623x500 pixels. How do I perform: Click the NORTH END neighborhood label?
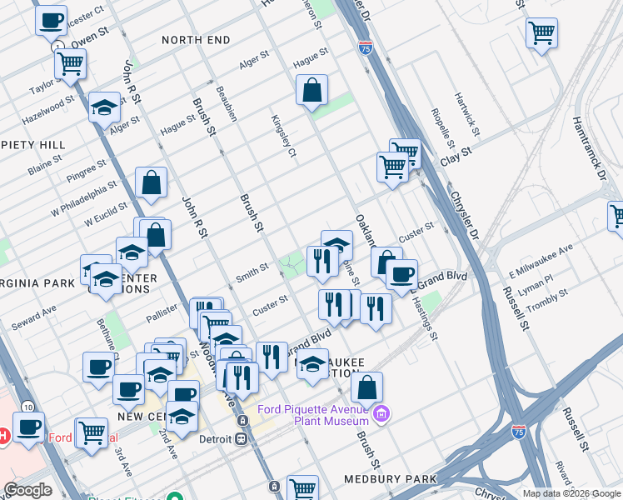tap(196, 39)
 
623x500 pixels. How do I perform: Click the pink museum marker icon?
tap(382, 412)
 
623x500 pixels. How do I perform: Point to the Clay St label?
tap(456, 153)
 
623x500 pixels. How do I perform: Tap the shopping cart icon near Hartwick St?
tap(541, 33)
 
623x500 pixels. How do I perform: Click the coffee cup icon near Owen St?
tap(51, 19)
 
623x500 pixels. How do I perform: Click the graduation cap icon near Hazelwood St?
tap(104, 108)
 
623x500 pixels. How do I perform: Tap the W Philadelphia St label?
tap(83, 202)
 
